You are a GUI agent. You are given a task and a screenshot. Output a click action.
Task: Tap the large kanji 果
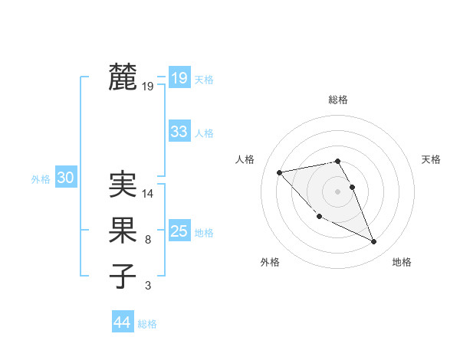click(123, 231)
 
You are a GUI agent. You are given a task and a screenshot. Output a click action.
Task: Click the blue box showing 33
click(179, 132)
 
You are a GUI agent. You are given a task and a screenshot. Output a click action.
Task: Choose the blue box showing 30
click(65, 178)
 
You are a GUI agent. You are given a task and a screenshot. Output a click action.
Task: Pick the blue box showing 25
click(179, 231)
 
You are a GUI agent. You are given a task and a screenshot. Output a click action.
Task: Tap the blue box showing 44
click(122, 322)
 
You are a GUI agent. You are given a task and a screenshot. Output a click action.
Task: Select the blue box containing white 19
click(179, 77)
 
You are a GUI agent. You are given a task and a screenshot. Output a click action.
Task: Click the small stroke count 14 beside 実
click(148, 195)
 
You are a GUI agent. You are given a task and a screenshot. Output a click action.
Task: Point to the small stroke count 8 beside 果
click(147, 241)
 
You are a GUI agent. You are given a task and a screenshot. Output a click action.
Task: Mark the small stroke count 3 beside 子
click(147, 286)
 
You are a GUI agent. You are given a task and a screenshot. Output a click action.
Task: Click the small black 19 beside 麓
click(148, 87)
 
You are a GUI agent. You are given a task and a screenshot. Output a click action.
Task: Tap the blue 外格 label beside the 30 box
click(41, 179)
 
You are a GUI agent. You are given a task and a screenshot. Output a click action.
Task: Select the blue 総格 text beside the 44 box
click(147, 324)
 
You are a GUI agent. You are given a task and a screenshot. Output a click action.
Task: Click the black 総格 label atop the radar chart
click(338, 100)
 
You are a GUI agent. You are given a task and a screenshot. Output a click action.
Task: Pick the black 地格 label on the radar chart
click(402, 263)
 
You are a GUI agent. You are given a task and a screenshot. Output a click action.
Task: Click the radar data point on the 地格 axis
click(374, 242)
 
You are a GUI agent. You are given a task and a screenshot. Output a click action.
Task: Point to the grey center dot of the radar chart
click(337, 191)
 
